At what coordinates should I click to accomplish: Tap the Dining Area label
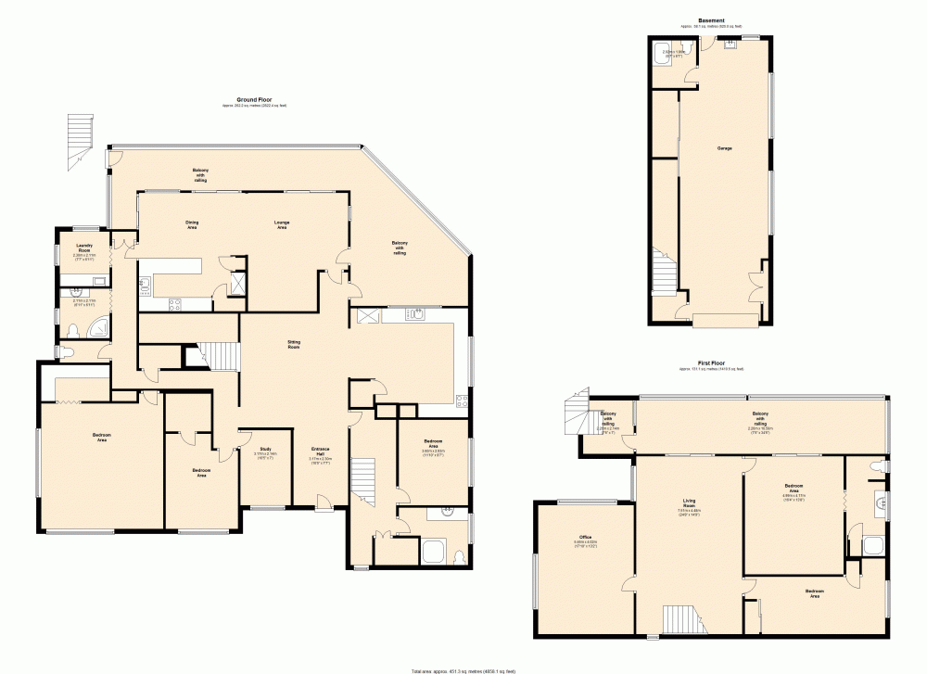click(192, 223)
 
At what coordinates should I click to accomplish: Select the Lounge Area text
click(281, 223)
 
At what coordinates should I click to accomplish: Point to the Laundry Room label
click(83, 248)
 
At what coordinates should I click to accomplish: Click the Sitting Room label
click(293, 344)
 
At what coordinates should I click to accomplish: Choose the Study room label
click(266, 451)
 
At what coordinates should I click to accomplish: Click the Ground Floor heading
click(252, 99)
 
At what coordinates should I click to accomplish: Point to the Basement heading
click(712, 19)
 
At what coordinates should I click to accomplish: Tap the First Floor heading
click(711, 363)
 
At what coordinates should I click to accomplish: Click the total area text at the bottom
click(463, 669)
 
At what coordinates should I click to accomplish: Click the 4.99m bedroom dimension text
click(795, 496)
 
